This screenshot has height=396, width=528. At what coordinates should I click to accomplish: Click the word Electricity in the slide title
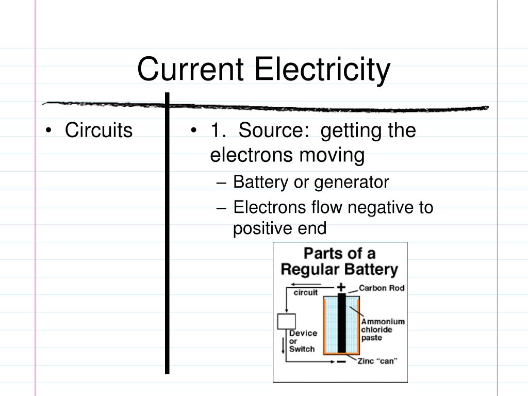coord(322,70)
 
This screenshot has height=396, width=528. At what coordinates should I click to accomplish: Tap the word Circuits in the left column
coord(98,131)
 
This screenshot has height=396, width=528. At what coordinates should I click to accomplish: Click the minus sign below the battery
coord(341,362)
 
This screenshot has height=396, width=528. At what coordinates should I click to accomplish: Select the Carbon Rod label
coord(381,288)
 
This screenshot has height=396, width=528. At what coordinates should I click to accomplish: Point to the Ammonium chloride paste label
coord(383,329)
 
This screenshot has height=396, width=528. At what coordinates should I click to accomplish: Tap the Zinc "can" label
coord(377,361)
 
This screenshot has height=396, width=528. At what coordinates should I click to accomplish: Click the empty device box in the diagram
coord(286,321)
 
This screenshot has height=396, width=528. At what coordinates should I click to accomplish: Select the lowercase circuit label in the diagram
coord(305,293)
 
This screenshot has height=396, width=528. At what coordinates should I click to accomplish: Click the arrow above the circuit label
coord(304,284)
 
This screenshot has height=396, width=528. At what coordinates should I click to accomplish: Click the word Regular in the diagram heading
coord(308,270)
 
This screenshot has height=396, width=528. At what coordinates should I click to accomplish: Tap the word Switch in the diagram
coord(302,349)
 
